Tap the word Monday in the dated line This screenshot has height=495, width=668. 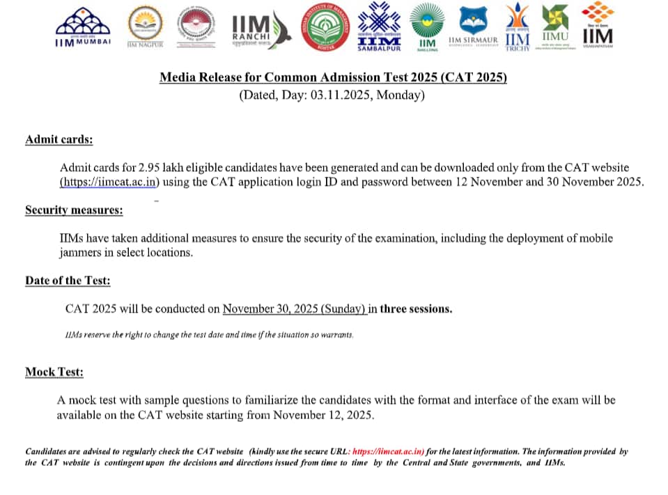point(399,95)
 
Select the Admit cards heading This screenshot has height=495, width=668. point(59,139)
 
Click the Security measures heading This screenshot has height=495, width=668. point(74,210)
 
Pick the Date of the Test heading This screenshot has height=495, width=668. point(68,280)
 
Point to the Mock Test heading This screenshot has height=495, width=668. point(54,372)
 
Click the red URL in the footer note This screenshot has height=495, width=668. point(388,451)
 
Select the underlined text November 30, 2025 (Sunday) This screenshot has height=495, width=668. point(295,308)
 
